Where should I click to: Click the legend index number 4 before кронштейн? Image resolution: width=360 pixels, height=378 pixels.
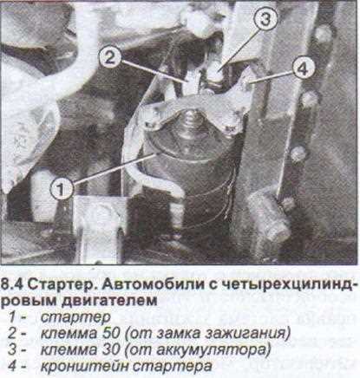(x=15, y=365)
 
